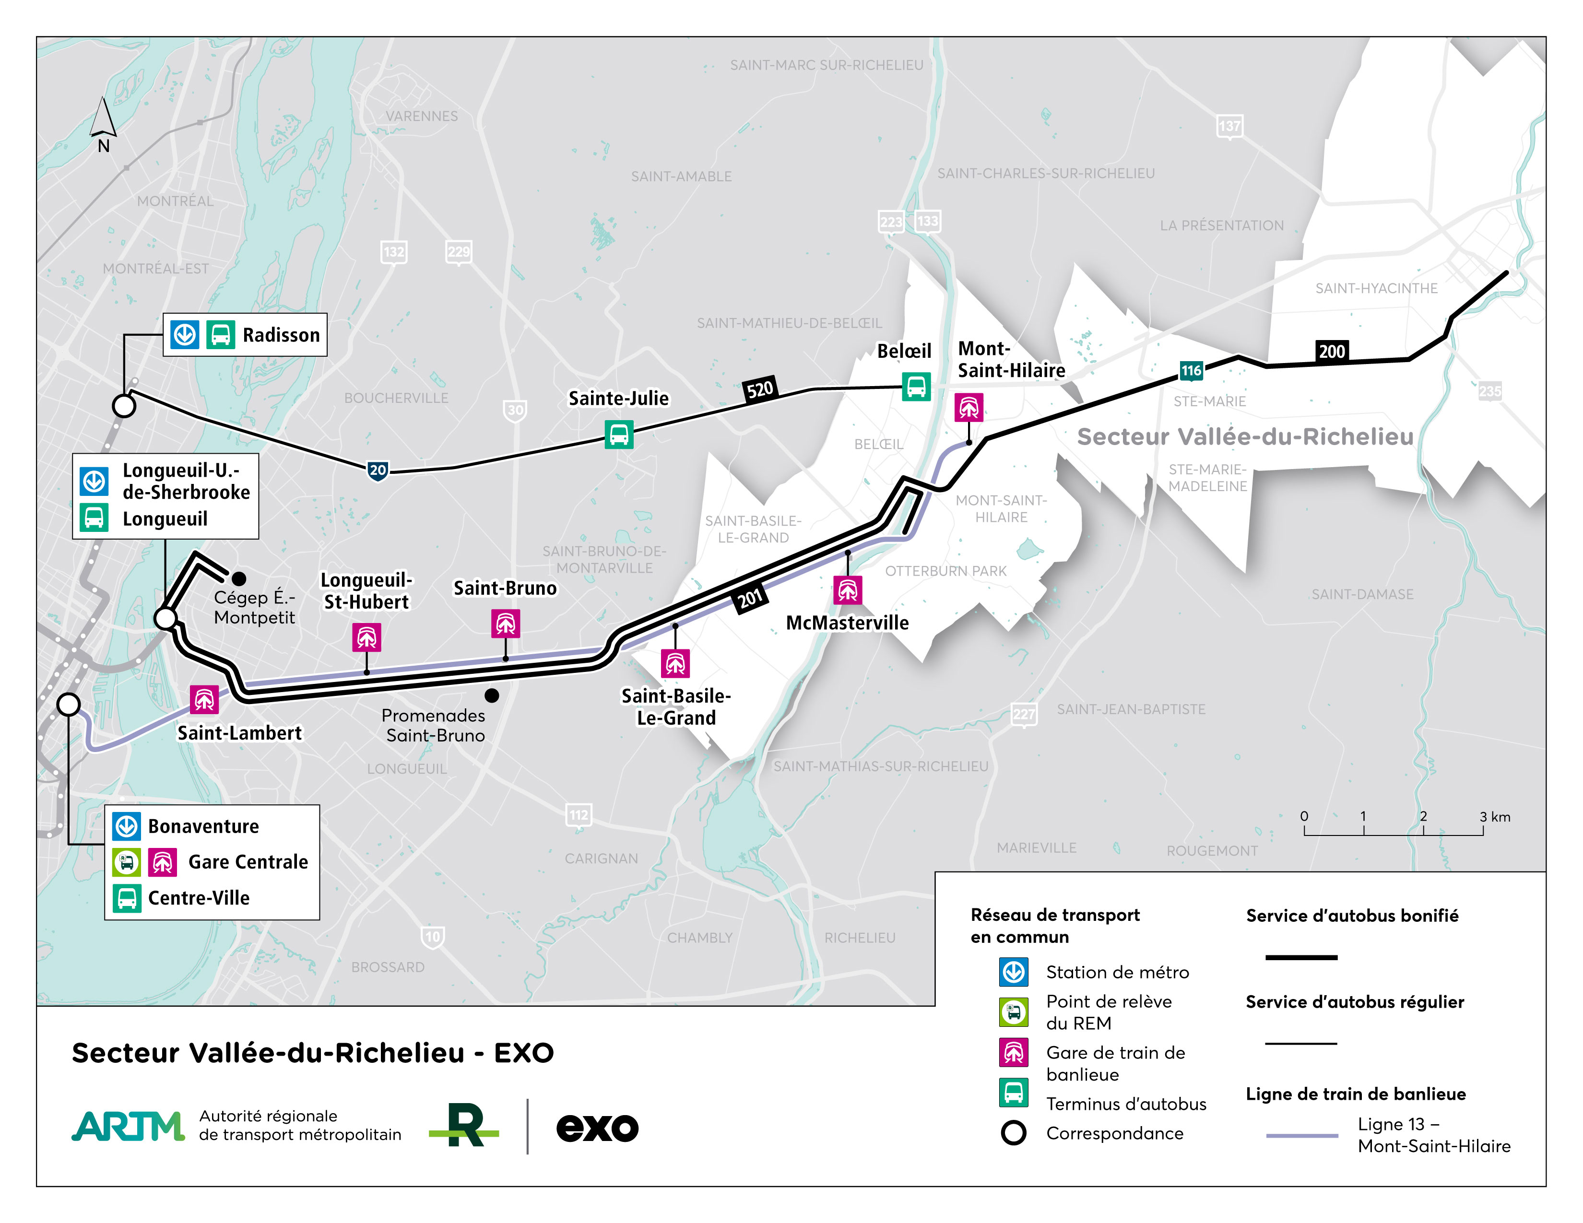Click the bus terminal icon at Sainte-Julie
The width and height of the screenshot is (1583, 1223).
619,435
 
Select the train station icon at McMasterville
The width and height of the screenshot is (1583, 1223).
847,590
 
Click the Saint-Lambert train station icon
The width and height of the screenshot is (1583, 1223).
204,700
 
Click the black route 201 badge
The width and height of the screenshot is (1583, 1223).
750,599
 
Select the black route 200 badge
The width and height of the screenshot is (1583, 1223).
1332,352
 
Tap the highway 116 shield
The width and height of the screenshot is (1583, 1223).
1191,371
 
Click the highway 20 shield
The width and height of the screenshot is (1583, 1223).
378,471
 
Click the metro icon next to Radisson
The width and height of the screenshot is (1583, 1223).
185,335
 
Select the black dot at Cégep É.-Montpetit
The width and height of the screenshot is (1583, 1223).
238,578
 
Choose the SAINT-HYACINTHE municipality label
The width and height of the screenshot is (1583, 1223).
1376,288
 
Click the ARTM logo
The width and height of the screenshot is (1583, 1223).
128,1126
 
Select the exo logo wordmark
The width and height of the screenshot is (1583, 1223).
597,1128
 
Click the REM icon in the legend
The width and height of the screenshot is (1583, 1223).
1013,1012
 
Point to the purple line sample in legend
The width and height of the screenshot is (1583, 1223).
1302,1135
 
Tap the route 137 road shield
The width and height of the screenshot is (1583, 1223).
1229,127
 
